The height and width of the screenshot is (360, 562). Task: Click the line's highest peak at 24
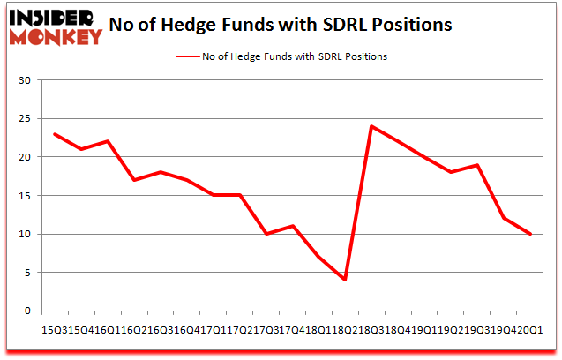pyautogui.click(x=371, y=126)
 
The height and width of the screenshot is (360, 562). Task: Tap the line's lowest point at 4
pyautogui.click(x=345, y=281)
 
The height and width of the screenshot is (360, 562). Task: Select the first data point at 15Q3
pyautogui.click(x=55, y=134)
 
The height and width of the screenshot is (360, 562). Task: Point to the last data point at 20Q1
pyautogui.click(x=530, y=234)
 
